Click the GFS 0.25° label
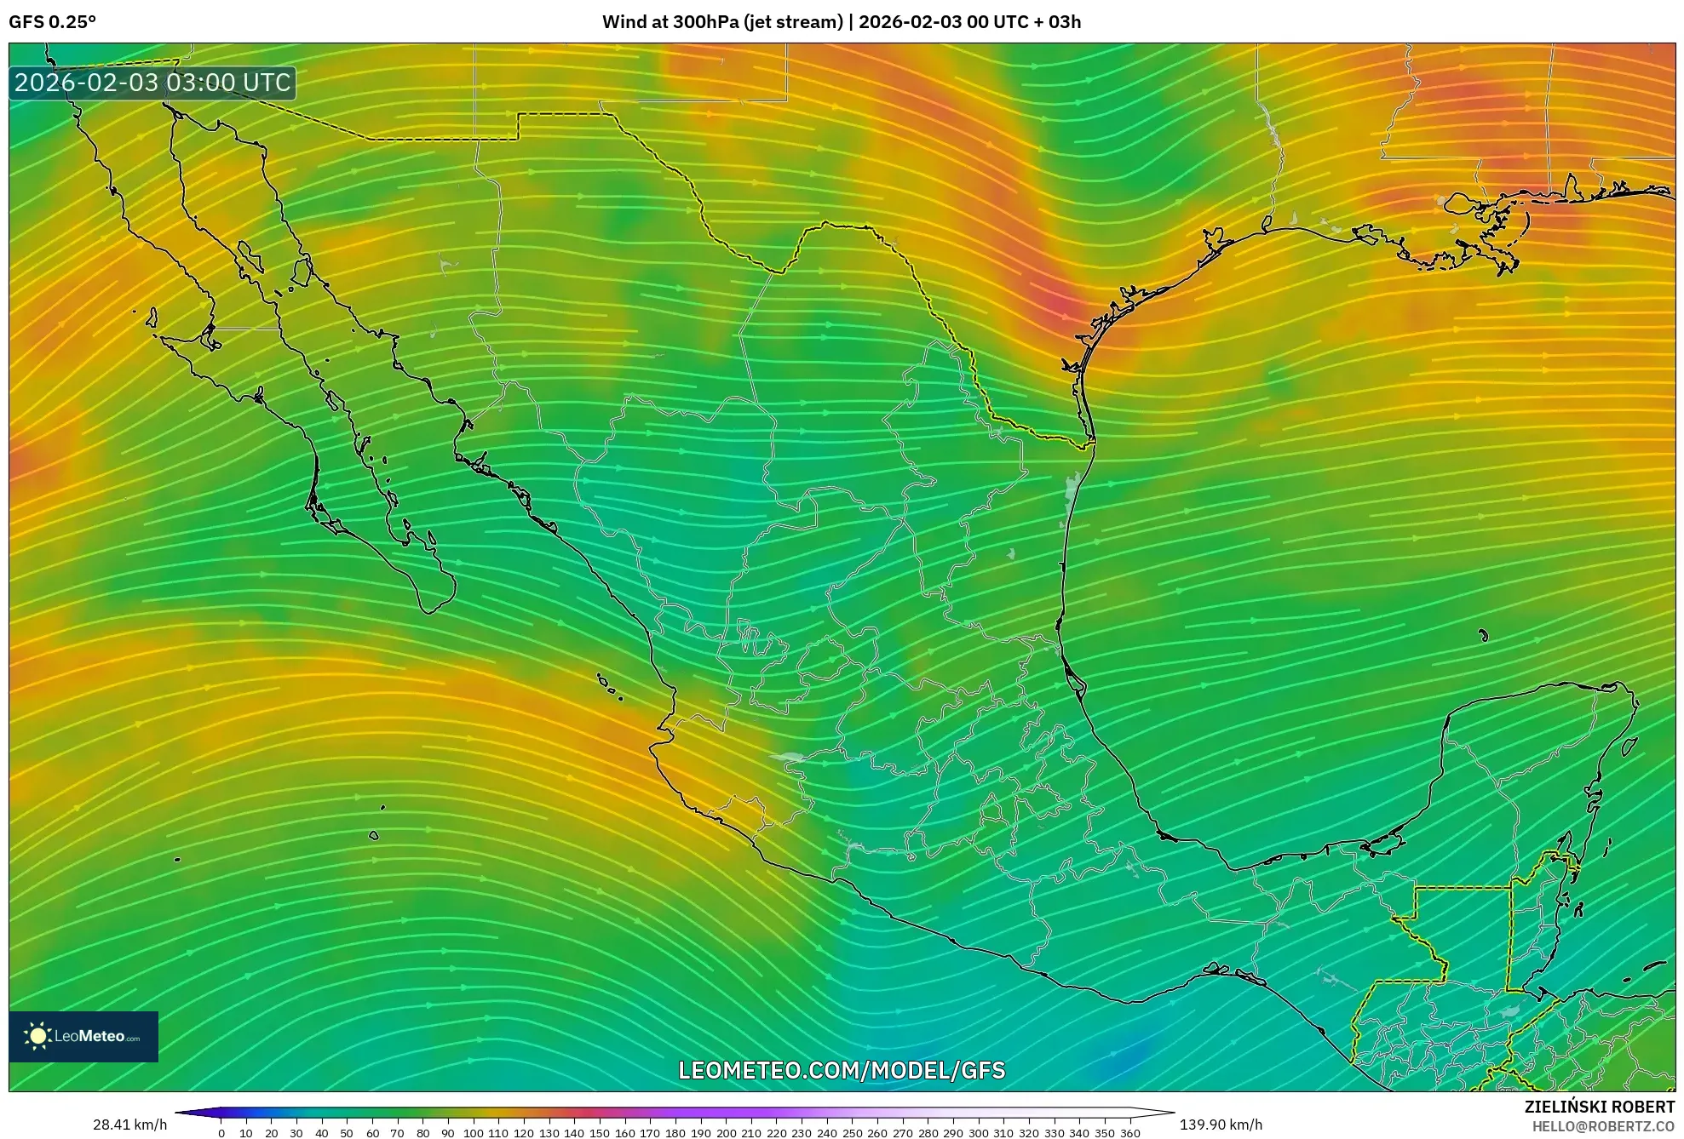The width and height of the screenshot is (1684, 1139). tap(52, 22)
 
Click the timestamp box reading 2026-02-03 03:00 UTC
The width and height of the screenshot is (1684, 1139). tap(152, 83)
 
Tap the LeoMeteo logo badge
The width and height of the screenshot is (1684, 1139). tap(83, 1036)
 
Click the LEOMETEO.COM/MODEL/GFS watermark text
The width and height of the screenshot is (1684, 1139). tap(842, 1070)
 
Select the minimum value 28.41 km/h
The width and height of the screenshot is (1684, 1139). tap(129, 1125)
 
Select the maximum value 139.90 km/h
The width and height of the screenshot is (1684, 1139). tap(1221, 1125)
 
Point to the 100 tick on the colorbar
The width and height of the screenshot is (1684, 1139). tap(473, 1133)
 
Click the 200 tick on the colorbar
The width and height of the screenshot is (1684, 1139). tap(726, 1133)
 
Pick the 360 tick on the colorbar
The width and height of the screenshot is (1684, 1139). tap(1129, 1133)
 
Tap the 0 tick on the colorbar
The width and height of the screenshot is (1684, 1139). tap(221, 1133)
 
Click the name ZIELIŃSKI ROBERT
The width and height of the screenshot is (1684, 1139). tap(1599, 1107)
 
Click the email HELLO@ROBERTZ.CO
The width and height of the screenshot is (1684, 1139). tap(1603, 1126)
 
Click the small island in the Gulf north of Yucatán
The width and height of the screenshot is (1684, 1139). tap(1483, 635)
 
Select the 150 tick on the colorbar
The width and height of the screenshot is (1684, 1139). tap(600, 1133)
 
